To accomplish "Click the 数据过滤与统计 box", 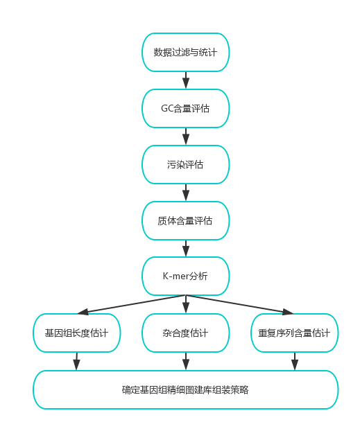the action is tap(185, 52).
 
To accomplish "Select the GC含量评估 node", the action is tap(185, 108).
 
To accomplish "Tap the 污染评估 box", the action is tap(185, 164).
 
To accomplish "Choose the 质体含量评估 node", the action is tap(185, 220).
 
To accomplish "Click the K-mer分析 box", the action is tap(185, 276).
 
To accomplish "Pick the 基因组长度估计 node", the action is tap(77, 333).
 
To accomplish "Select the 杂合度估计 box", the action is tap(185, 333).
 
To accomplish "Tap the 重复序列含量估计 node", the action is tap(295, 333).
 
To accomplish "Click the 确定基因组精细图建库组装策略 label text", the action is tap(185, 389).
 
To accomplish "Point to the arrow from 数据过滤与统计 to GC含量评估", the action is tap(186, 80).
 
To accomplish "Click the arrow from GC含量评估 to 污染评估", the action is tap(186, 137).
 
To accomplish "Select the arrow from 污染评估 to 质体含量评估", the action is tap(186, 193).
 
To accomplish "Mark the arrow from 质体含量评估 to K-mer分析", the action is tap(186, 248).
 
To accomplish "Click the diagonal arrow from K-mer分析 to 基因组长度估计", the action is tap(132, 304).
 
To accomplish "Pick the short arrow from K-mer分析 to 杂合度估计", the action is tap(186, 304).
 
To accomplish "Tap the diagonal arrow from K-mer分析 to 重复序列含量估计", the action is tap(240, 304).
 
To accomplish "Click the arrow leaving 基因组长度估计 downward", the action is tap(77, 361).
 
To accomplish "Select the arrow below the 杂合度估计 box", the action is tap(186, 361).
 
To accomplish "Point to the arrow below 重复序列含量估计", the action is tap(295, 361).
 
